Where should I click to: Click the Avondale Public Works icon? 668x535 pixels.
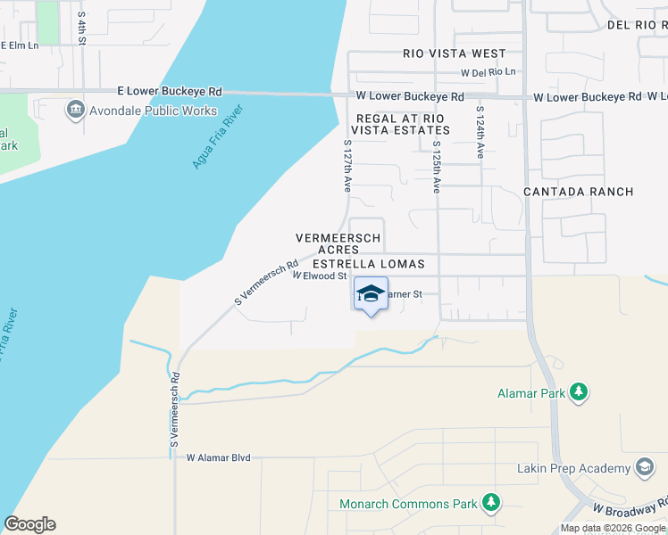[75, 111]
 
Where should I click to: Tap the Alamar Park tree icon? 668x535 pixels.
[579, 391]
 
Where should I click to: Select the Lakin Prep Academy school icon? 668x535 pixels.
[644, 468]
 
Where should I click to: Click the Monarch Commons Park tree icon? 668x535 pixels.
[490, 503]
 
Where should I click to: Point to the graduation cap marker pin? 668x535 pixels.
[372, 295]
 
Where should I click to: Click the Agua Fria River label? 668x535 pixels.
[218, 138]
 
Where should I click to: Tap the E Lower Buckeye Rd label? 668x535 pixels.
[170, 91]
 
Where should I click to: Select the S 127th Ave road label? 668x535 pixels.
[347, 165]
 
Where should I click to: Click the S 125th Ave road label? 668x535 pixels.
[437, 167]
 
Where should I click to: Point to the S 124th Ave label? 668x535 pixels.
[480, 133]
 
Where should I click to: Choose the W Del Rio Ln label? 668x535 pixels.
[488, 72]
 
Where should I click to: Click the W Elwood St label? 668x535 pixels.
[319, 276]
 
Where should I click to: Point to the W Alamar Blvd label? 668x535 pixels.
[218, 457]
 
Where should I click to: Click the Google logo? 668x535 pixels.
[29, 524]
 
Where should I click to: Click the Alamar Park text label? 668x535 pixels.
[532, 392]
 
